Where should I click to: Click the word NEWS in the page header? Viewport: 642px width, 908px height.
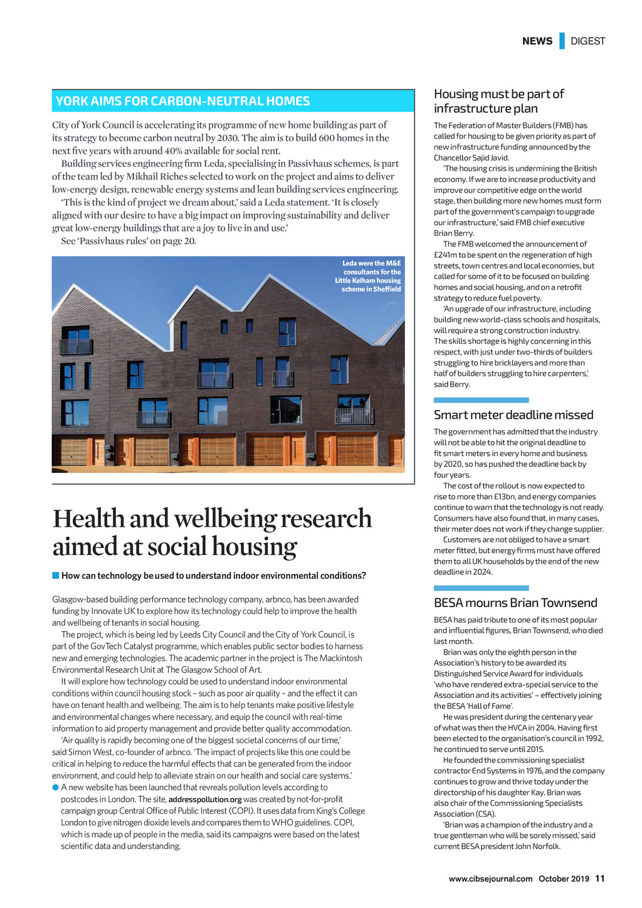[x=537, y=41]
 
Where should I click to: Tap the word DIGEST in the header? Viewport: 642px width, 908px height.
[x=587, y=41]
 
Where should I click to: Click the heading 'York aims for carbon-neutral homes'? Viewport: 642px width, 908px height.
[x=182, y=102]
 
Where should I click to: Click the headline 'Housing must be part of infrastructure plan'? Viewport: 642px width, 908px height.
[x=498, y=101]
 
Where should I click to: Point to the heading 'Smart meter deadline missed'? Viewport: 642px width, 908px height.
[x=513, y=415]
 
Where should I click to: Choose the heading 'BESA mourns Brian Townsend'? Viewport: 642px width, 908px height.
[x=515, y=603]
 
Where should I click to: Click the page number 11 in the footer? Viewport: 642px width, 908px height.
[x=600, y=879]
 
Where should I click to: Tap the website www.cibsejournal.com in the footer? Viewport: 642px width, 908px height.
[x=490, y=879]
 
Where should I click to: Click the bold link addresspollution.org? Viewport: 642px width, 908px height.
[x=205, y=800]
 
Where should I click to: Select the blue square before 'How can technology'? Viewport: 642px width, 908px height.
[x=56, y=576]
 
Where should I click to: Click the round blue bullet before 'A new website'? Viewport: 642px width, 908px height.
[x=56, y=788]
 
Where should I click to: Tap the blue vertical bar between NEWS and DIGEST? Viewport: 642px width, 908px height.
[x=562, y=41]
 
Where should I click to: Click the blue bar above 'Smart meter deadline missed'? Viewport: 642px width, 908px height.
[x=481, y=400]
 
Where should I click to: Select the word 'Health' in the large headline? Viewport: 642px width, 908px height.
[x=88, y=519]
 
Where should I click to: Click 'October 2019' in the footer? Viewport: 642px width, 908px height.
[x=564, y=879]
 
